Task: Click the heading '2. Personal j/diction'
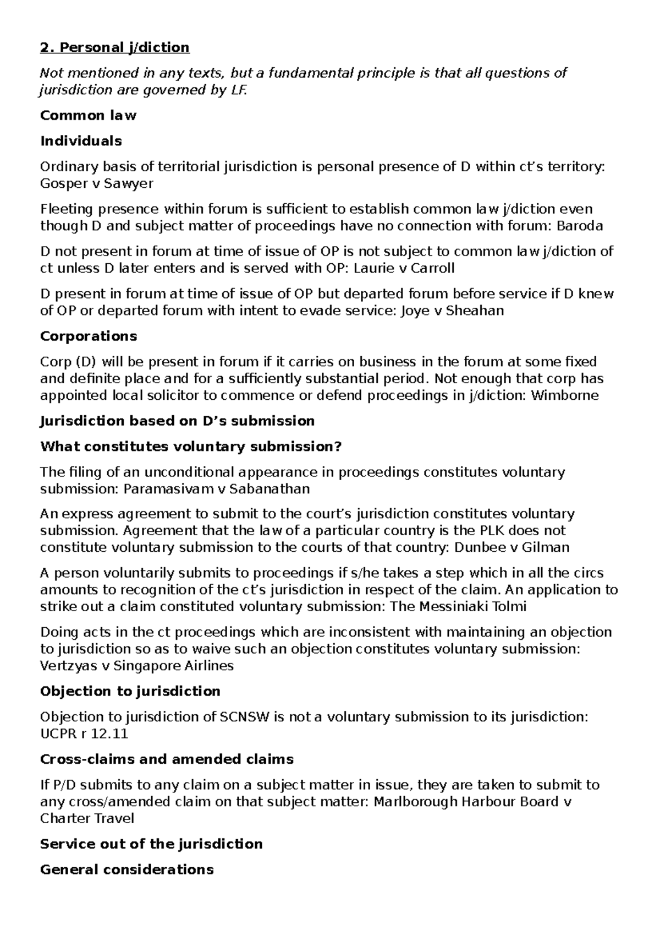(115, 48)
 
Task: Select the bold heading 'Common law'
(88, 116)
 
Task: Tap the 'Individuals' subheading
(81, 141)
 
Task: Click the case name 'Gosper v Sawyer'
(97, 183)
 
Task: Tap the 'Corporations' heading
(89, 336)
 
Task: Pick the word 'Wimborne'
(564, 395)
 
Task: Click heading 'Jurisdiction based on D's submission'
(177, 421)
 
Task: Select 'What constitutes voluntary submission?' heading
(191, 447)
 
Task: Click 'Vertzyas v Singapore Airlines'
(137, 666)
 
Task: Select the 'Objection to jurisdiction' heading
(130, 692)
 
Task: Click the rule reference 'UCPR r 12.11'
(84, 734)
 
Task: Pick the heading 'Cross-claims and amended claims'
(167, 759)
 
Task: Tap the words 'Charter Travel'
(87, 818)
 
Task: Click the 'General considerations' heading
(127, 869)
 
